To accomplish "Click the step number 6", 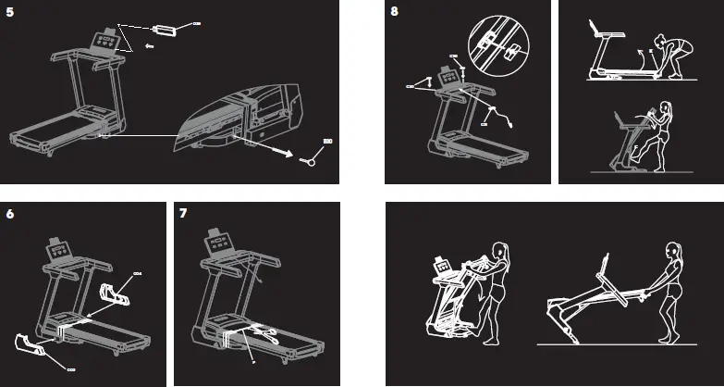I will pyautogui.click(x=10, y=214).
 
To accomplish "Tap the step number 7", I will pyautogui.click(x=184, y=214).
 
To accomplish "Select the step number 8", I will pyautogui.click(x=396, y=12).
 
